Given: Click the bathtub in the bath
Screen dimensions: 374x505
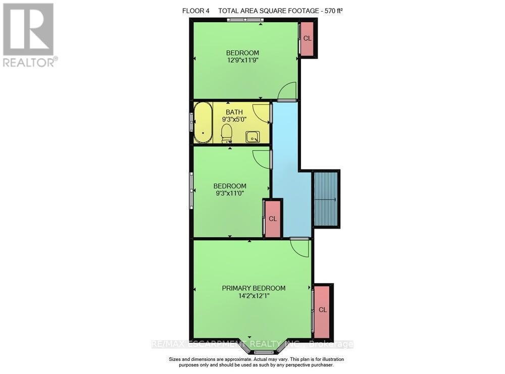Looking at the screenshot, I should (204, 123).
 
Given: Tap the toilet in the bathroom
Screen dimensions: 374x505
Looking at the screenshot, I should (227, 134).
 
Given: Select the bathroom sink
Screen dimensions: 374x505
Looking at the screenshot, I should (252, 136).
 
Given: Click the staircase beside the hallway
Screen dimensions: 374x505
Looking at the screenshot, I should (326, 199).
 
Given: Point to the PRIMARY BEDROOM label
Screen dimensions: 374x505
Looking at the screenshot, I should (254, 288).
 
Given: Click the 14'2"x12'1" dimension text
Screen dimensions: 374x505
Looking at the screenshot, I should (254, 296).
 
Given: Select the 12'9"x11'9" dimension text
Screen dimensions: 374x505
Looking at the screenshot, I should (242, 61).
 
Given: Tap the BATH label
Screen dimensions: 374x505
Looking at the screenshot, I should (234, 112).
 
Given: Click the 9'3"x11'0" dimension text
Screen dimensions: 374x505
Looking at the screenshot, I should (229, 194).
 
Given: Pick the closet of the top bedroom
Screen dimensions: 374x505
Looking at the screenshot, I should (308, 39).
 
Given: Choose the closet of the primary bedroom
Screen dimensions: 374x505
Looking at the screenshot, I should (323, 310).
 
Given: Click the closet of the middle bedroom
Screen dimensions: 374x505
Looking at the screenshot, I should (273, 219).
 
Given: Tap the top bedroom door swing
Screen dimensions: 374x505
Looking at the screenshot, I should (288, 91).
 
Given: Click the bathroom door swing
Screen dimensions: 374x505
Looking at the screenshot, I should (262, 113).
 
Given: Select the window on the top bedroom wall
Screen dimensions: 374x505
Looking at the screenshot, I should (244, 20).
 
